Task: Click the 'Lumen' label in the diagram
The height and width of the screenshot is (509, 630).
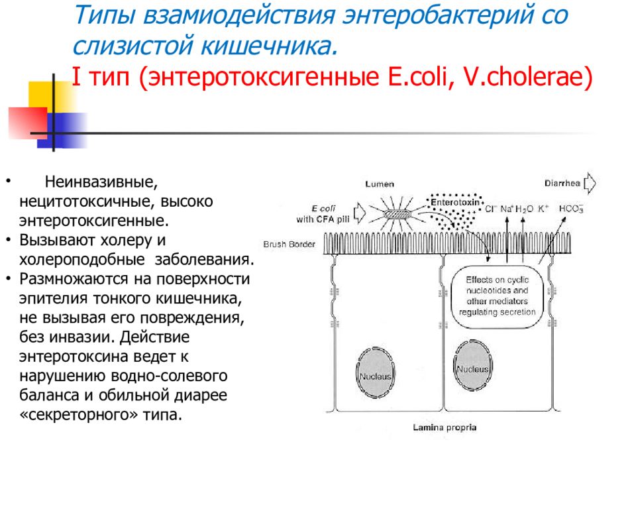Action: (x=380, y=184)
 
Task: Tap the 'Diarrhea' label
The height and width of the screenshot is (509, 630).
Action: (x=562, y=184)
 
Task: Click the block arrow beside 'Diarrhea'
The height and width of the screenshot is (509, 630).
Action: (x=590, y=184)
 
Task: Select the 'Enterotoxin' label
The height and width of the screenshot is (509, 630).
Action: (x=455, y=202)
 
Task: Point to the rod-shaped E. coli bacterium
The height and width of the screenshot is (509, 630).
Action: (x=397, y=214)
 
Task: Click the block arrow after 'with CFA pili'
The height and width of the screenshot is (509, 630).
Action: (x=360, y=213)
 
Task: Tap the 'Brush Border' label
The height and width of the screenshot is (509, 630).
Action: (x=289, y=244)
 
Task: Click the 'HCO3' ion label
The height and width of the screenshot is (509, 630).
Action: (x=571, y=209)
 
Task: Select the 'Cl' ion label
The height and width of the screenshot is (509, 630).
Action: (x=491, y=209)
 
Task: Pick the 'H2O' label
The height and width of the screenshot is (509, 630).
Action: (x=524, y=209)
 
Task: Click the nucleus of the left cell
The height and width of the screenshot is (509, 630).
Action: (x=375, y=372)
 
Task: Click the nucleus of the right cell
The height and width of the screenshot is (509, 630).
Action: (x=473, y=365)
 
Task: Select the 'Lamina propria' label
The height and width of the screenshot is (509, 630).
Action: (x=445, y=427)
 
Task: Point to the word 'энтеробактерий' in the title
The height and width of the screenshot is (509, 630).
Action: (x=437, y=15)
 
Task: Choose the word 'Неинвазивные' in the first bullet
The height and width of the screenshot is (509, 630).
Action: (x=101, y=182)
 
